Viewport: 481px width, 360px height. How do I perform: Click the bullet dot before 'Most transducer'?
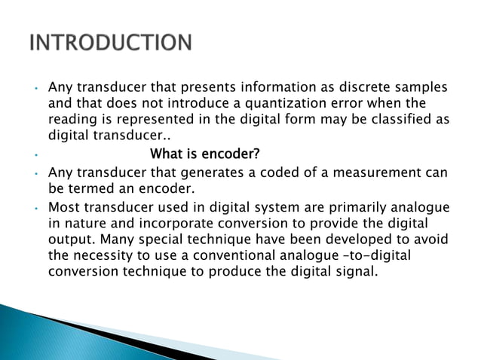pyautogui.click(x=36, y=207)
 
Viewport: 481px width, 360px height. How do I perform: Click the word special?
pyautogui.click(x=192, y=239)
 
